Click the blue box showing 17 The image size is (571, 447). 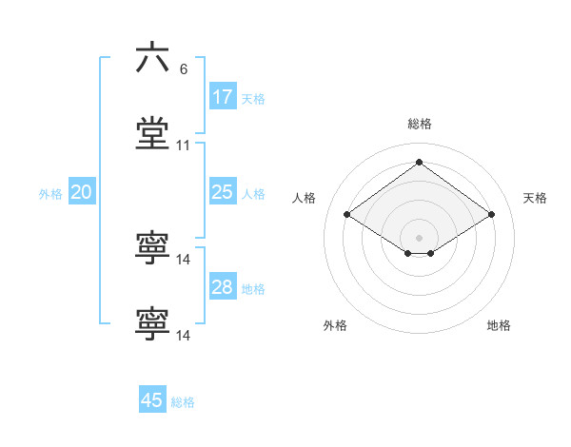pyautogui.click(x=223, y=97)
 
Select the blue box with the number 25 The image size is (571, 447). pyautogui.click(x=223, y=192)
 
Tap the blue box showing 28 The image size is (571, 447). pyautogui.click(x=223, y=287)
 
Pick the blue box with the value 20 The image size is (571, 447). pyautogui.click(x=81, y=192)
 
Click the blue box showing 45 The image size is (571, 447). pyautogui.click(x=152, y=400)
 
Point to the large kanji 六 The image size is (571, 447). pyautogui.click(x=152, y=58)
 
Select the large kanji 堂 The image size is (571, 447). pyautogui.click(x=152, y=134)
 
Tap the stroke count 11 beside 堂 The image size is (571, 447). pyautogui.click(x=184, y=146)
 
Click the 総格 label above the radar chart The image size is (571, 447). pyautogui.click(x=420, y=124)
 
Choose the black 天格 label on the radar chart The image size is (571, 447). pyautogui.click(x=535, y=198)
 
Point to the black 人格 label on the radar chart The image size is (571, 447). pyautogui.click(x=305, y=198)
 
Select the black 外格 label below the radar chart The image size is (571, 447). pyautogui.click(x=335, y=325)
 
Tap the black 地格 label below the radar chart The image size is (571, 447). pyautogui.click(x=499, y=325)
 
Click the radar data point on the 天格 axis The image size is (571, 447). pyautogui.click(x=491, y=215)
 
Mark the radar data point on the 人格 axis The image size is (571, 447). pyautogui.click(x=347, y=215)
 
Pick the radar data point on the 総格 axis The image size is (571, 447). pyautogui.click(x=420, y=162)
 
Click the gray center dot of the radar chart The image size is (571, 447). pyautogui.click(x=420, y=237)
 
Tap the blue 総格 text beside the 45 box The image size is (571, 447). pyautogui.click(x=183, y=402)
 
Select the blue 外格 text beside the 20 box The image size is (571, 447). pyautogui.click(x=50, y=194)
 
